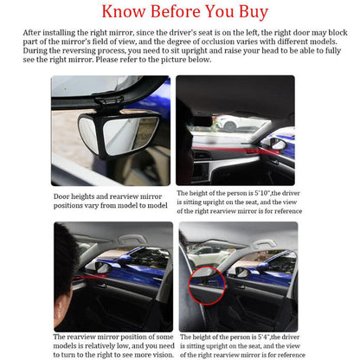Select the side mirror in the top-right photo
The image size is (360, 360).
[x=278, y=143]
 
